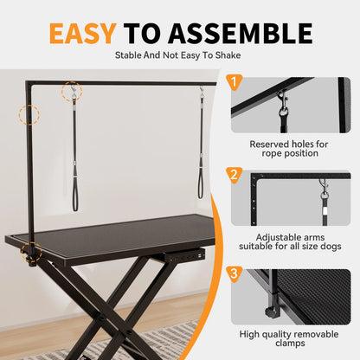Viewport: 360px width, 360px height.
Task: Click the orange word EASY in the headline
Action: [x=81, y=33]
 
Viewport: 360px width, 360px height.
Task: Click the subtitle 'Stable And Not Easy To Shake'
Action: [x=179, y=56]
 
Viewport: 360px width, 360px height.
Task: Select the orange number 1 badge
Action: [x=233, y=83]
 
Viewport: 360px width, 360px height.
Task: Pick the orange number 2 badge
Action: [x=233, y=176]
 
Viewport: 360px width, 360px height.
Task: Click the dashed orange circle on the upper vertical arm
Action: [x=30, y=115]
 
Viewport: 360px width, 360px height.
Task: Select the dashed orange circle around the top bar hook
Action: [x=73, y=91]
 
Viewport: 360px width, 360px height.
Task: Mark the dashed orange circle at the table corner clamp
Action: [x=33, y=252]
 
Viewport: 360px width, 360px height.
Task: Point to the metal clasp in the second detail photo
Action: [x=324, y=192]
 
